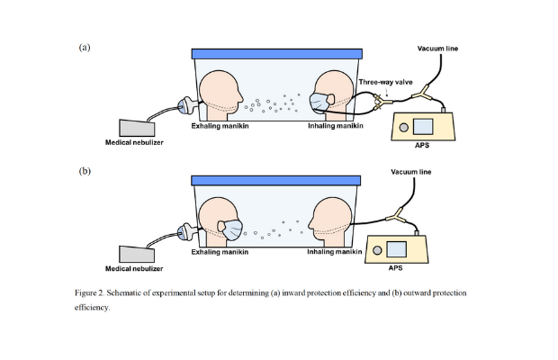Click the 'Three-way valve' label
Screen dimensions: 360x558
click(x=386, y=83)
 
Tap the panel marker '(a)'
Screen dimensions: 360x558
click(x=85, y=47)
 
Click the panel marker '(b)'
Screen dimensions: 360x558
click(x=85, y=169)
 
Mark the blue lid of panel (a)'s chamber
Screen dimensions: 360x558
click(x=277, y=55)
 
